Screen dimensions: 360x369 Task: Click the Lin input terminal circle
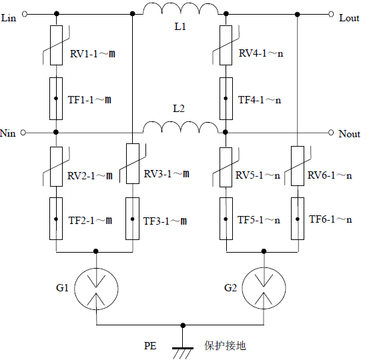(x=25, y=13)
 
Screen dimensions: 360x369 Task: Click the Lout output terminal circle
(x=332, y=13)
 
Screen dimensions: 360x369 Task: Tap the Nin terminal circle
(x=25, y=133)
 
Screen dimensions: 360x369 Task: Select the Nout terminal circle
(x=332, y=133)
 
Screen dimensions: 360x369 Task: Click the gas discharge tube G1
(x=97, y=288)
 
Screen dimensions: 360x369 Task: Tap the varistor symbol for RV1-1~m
(x=56, y=45)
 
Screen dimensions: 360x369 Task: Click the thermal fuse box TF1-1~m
(x=56, y=98)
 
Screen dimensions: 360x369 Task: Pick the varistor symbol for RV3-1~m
(x=133, y=165)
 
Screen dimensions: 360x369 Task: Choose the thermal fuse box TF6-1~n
(x=296, y=219)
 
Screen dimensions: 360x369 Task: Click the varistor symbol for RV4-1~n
(x=227, y=45)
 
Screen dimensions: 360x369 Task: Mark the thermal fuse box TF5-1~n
(x=227, y=219)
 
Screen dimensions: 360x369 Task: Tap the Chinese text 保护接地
(x=225, y=346)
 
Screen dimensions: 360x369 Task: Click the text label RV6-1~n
(x=329, y=176)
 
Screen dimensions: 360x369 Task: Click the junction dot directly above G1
(x=97, y=252)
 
